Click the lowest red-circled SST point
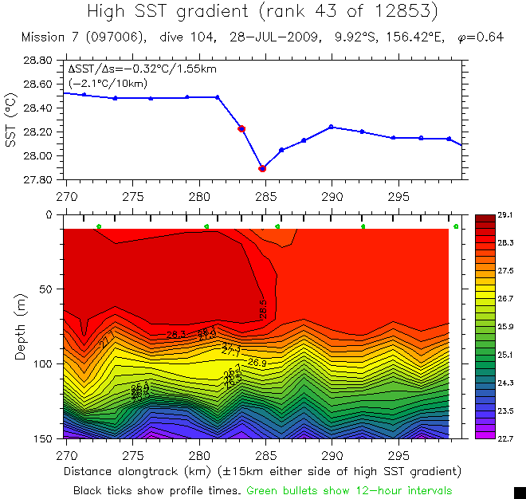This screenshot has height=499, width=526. pyautogui.click(x=262, y=168)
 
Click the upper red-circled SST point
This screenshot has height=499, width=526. pyautogui.click(x=241, y=128)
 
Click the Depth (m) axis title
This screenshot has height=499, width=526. pyautogui.click(x=20, y=328)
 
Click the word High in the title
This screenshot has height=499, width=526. pyautogui.click(x=110, y=12)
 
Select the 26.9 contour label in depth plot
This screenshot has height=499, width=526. pyautogui.click(x=257, y=363)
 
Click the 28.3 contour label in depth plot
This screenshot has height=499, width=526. pyautogui.click(x=177, y=335)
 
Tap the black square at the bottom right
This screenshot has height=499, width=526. pyautogui.click(x=519, y=492)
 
